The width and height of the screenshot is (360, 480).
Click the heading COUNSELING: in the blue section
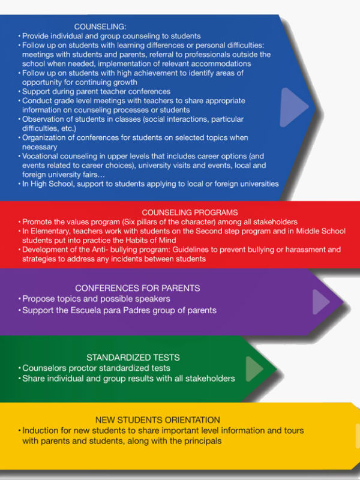click(100, 26)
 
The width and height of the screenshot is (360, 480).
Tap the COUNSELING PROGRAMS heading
click(190, 212)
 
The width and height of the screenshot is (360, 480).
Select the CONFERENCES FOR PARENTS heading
click(137, 288)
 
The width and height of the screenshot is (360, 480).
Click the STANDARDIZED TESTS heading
click(133, 358)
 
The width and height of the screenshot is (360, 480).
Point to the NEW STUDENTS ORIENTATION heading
click(158, 419)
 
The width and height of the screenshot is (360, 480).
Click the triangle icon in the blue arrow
click(293, 107)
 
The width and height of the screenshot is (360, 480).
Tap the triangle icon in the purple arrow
click(320, 302)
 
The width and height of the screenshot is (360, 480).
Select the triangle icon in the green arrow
click(254, 369)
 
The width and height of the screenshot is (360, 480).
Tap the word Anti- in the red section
click(100, 250)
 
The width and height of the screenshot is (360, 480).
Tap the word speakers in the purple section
click(155, 299)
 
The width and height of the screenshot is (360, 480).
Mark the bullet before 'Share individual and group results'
click(20, 379)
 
